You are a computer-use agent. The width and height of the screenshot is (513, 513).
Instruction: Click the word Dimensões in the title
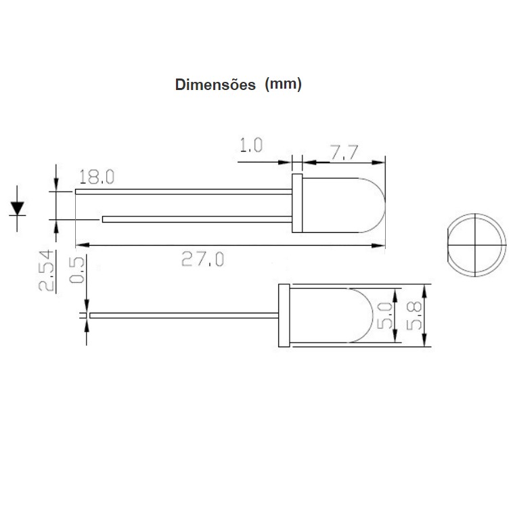click(x=215, y=85)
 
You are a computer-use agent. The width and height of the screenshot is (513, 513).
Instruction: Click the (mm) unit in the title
click(x=284, y=85)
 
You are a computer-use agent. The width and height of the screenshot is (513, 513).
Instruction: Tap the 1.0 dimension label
click(x=251, y=146)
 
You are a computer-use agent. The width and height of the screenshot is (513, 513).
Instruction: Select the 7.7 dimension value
click(x=344, y=152)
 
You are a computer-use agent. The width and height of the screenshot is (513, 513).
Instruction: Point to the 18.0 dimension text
click(x=97, y=177)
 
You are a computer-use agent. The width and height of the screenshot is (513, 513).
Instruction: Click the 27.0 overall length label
click(x=203, y=259)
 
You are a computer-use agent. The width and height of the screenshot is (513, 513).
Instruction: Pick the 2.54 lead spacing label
click(x=46, y=271)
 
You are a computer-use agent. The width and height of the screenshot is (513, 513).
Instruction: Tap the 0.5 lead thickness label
click(x=77, y=270)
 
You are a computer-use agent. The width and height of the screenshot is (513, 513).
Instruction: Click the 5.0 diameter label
click(x=384, y=315)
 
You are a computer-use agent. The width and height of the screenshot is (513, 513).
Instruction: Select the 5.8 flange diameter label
click(x=414, y=315)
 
